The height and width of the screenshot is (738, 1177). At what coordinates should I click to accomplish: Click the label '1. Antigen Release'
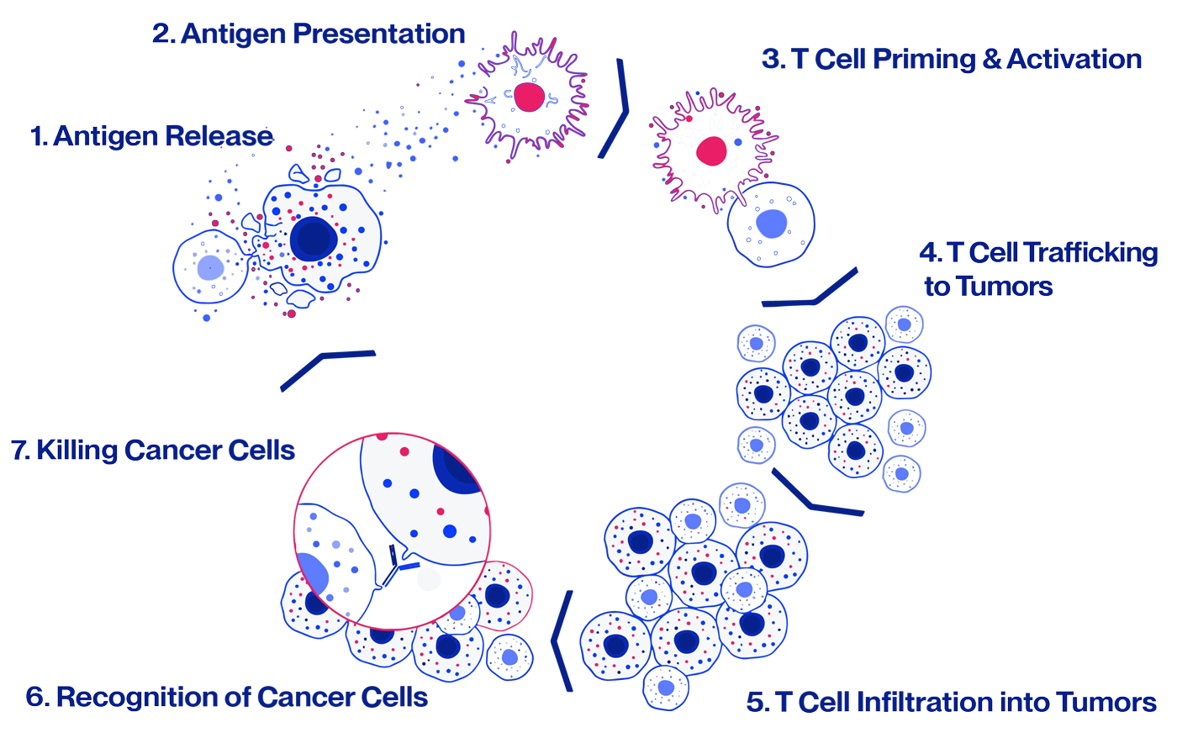[x=151, y=135]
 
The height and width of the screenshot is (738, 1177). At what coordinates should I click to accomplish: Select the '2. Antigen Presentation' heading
[x=309, y=34]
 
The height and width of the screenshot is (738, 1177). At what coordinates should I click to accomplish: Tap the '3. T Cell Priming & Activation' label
[x=952, y=60]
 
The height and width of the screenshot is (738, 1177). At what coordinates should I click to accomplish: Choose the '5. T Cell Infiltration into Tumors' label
[x=952, y=702]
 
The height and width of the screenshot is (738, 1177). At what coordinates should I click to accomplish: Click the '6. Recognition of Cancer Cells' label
[x=227, y=697]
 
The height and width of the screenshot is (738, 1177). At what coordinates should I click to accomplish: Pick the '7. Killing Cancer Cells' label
[x=154, y=450]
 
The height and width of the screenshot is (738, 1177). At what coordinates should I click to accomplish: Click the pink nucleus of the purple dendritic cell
[x=529, y=97]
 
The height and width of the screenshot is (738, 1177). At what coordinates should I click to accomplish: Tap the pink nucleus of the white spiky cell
[x=711, y=151]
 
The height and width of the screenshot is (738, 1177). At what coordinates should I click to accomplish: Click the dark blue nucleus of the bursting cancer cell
[x=314, y=240]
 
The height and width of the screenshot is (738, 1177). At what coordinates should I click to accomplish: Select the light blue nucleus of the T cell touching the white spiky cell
[x=771, y=224]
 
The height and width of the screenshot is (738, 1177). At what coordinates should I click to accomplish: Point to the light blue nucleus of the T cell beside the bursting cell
[x=210, y=268]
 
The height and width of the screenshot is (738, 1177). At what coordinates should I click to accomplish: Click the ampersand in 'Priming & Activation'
[x=991, y=60]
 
